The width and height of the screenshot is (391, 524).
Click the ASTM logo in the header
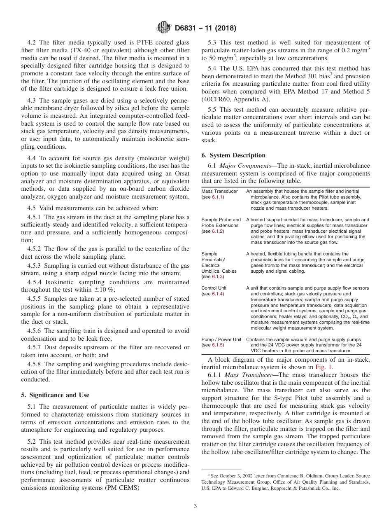164,28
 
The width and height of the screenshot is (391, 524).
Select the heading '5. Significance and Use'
55,395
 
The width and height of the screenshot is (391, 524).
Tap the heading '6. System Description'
233,155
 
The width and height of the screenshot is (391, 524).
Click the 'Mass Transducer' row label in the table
219,191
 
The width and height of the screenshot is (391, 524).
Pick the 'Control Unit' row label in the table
214,288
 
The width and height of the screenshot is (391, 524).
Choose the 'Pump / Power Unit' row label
221,339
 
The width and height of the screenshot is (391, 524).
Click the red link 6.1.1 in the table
218,197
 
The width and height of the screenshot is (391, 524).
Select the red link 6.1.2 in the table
218,232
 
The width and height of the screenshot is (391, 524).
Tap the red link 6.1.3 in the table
218,277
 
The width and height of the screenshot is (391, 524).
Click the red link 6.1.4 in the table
218,294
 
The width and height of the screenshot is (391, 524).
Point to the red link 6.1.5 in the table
218,345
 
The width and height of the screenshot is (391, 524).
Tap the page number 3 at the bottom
195,506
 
